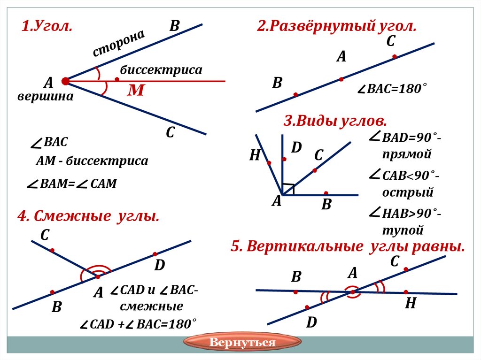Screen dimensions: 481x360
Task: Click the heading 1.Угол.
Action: click(47, 26)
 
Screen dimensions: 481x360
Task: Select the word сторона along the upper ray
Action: click(118, 43)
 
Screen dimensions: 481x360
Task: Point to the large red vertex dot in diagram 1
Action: click(65, 81)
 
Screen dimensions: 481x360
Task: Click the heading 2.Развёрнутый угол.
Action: click(336, 26)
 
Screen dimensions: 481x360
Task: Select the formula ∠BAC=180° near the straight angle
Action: click(392, 89)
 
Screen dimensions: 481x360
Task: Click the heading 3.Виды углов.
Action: click(335, 121)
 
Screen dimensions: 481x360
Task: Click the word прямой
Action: click(407, 153)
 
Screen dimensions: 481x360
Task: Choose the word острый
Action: click(407, 192)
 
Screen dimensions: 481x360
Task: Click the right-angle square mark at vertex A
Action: click(288, 189)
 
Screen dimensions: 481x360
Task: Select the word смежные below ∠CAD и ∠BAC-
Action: click(151, 306)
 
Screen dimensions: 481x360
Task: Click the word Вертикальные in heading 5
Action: click(305, 246)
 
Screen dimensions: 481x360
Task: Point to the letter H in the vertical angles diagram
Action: click(411, 304)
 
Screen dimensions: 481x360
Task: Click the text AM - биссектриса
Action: click(92, 161)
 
